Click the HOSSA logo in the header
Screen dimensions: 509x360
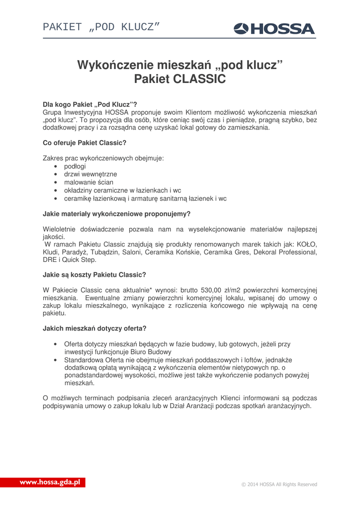click(274, 29)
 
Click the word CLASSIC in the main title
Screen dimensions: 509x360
click(199, 79)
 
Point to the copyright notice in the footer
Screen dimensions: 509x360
click(278, 484)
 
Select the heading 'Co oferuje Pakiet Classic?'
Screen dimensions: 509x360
click(85, 143)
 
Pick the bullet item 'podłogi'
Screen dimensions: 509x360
click(75, 167)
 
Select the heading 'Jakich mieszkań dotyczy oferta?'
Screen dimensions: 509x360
click(94, 328)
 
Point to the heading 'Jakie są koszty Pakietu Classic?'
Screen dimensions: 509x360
click(94, 274)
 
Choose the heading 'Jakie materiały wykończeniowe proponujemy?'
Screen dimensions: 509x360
click(117, 214)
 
